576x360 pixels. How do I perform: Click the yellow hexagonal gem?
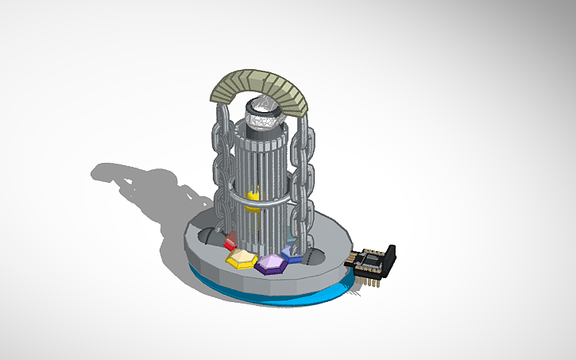point(241,258)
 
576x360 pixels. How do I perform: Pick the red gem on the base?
point(230,242)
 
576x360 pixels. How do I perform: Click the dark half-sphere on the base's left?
point(206,237)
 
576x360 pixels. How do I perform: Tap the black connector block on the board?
point(389,254)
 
